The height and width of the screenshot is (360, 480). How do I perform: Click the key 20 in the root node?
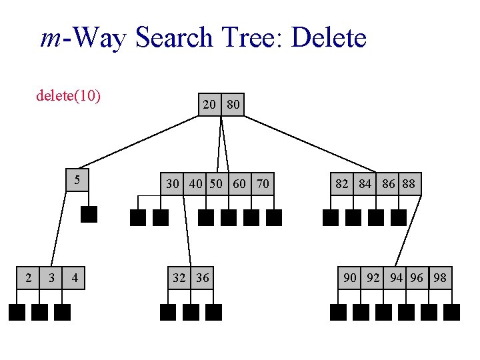[209, 105]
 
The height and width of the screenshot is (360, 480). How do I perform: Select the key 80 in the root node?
[233, 105]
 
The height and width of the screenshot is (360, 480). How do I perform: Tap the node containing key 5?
[78, 180]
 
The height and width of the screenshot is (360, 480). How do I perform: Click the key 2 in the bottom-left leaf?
[28, 277]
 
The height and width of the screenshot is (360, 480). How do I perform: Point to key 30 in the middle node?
[173, 183]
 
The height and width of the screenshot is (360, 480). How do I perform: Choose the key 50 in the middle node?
[216, 183]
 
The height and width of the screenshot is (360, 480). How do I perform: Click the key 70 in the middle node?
[263, 183]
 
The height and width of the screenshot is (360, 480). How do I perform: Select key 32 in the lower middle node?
[179, 277]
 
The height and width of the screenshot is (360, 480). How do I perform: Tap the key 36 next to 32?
[202, 277]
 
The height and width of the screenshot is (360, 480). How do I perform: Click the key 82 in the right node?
[342, 183]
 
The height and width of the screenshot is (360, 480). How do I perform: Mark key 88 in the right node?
[409, 183]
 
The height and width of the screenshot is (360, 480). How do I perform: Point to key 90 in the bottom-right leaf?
[350, 277]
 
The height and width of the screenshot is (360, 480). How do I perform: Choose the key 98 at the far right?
[440, 277]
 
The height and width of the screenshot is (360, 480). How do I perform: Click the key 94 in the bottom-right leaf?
[397, 277]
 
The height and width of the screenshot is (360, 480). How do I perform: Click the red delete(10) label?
[68, 96]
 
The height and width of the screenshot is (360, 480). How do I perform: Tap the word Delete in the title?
[329, 38]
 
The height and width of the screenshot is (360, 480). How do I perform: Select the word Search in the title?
[175, 38]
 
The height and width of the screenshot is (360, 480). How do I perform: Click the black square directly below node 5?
[89, 214]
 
